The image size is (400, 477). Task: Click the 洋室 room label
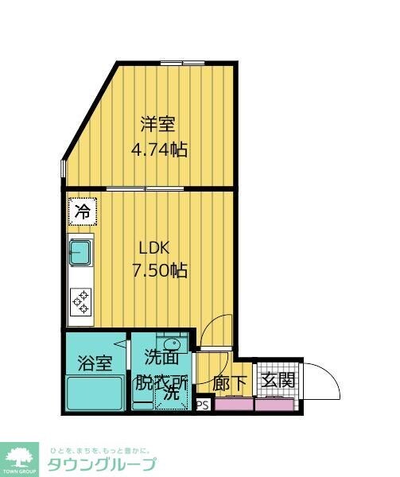(x=157, y=125)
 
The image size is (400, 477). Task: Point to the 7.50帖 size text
(x=159, y=270)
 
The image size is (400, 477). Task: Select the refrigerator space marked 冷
(x=82, y=211)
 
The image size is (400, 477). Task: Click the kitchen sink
(x=81, y=254)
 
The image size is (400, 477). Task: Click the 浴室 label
(x=94, y=363)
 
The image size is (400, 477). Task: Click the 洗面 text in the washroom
(x=161, y=358)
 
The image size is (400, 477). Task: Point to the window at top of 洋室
(x=182, y=62)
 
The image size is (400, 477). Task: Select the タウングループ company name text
(x=102, y=464)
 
